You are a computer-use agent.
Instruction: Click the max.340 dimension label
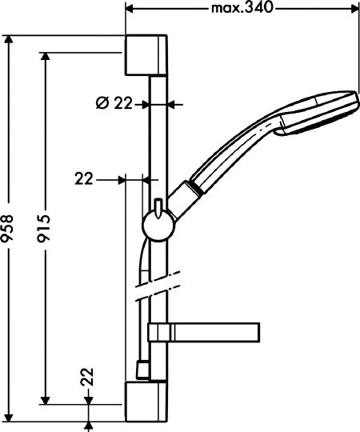coord(242,8)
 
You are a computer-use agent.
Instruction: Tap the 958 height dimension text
coord(7,226)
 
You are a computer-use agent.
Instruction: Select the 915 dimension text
coord(44,226)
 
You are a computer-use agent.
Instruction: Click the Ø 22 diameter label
coord(114,103)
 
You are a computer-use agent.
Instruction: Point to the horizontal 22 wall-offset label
coord(84,179)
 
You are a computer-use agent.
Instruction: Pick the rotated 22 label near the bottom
coord(87,377)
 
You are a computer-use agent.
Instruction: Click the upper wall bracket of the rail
coord(146,55)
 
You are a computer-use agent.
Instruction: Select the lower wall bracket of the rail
coord(146,402)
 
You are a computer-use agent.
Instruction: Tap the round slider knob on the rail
coord(158,226)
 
